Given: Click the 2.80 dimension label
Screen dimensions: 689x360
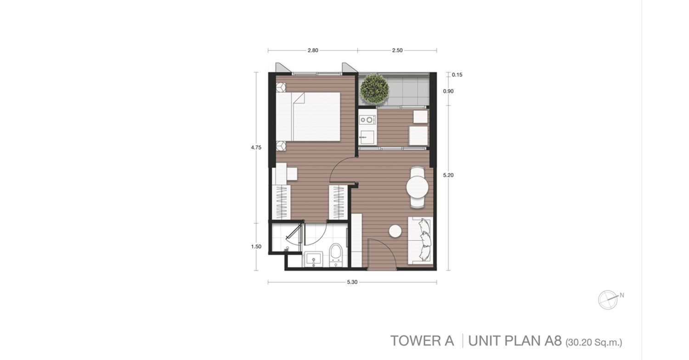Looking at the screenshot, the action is tap(313, 51).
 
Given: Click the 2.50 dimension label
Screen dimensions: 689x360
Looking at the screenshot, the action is tap(397, 51).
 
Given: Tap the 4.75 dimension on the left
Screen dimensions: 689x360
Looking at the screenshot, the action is tap(256, 147).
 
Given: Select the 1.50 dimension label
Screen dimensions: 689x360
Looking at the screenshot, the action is tap(256, 247).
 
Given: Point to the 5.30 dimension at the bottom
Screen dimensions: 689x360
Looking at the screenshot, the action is tap(352, 282).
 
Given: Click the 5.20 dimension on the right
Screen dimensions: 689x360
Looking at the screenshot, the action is tap(448, 175).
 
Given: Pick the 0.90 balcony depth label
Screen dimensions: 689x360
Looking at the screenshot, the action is tap(448, 91).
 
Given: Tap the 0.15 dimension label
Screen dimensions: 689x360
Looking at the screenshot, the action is tap(457, 75).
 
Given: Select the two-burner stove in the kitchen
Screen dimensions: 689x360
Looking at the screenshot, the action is tap(367, 119).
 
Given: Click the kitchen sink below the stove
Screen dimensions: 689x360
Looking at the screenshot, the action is tap(367, 137).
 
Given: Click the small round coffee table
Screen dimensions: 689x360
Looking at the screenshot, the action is tap(395, 231).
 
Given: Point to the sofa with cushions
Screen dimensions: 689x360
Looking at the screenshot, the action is tap(420, 241).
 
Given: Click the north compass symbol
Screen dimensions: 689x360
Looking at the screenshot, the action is tap(608, 299).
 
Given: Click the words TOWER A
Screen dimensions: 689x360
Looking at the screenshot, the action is tap(422, 341).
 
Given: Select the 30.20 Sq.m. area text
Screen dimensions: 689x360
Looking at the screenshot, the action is tap(593, 342).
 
